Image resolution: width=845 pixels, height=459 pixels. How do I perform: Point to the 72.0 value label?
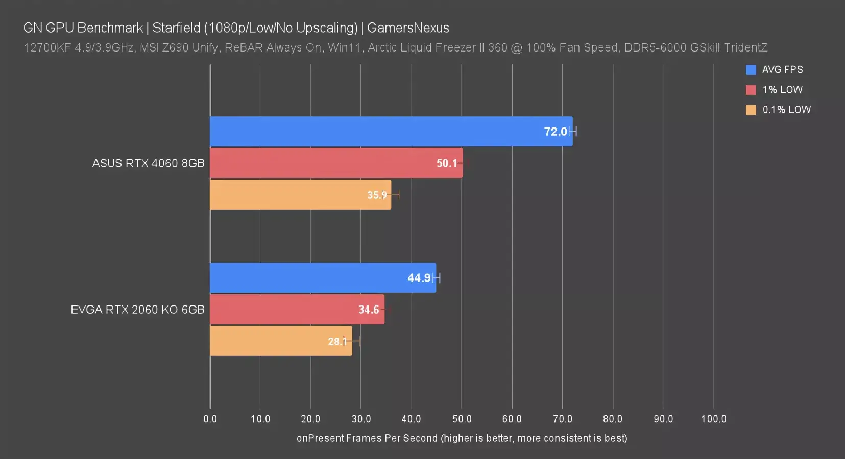[556, 132]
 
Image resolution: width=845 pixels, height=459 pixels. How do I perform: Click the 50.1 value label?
[447, 163]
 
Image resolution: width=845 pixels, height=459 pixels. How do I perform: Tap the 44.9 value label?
[419, 278]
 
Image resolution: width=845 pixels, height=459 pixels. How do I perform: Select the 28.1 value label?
[337, 341]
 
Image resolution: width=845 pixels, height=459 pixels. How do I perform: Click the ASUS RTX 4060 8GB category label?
[148, 163]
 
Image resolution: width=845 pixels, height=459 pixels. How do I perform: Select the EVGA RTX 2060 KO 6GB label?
[137, 310]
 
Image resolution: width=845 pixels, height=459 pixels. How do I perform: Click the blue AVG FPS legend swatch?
[751, 70]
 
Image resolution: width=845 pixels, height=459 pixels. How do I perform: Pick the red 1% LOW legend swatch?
[751, 90]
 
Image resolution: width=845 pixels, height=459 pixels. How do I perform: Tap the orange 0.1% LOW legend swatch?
[751, 110]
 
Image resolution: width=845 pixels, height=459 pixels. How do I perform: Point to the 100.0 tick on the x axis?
[713, 419]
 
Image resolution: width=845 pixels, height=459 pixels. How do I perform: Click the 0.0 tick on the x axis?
[210, 419]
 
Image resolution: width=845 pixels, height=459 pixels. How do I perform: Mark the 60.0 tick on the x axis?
[512, 419]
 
